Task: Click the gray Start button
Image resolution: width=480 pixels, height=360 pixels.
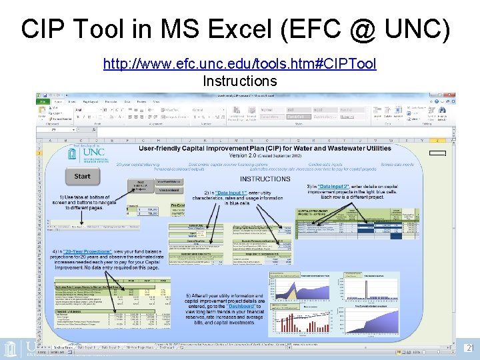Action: (x=83, y=177)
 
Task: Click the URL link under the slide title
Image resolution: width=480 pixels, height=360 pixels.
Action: (x=239, y=64)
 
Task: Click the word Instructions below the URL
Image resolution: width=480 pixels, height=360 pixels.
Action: (x=239, y=81)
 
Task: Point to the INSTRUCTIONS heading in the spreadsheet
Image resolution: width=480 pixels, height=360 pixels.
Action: (x=265, y=179)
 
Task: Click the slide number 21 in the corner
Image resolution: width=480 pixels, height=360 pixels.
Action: (x=469, y=348)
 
